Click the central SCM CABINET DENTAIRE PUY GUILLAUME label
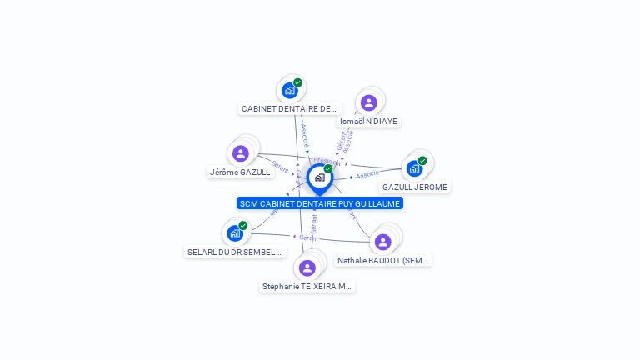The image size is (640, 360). point(319,203)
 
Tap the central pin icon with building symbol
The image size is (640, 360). point(319,177)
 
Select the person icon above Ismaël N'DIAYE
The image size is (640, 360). point(368,102)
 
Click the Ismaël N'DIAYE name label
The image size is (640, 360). point(369,121)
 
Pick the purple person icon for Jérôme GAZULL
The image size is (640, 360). point(241,153)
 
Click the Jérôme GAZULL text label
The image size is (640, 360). point(240,172)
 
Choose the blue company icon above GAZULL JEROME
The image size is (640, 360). point(413,168)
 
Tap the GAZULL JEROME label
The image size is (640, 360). point(415,187)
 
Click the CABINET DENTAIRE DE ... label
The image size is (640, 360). point(290,108)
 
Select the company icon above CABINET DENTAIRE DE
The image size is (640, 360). point(289,90)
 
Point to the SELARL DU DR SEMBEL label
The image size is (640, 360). point(236,252)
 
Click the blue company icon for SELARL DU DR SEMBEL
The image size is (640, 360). point(234,233)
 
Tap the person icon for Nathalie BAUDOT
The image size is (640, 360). point(382,242)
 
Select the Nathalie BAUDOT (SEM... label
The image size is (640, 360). point(383,260)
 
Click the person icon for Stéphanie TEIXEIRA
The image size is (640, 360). point(307,267)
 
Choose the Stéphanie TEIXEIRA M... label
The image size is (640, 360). point(307,286)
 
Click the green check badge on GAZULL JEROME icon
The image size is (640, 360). point(422,161)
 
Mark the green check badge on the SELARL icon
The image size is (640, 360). point(243,226)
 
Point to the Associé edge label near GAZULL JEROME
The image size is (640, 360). point(367,175)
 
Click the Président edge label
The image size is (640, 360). point(325,161)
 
